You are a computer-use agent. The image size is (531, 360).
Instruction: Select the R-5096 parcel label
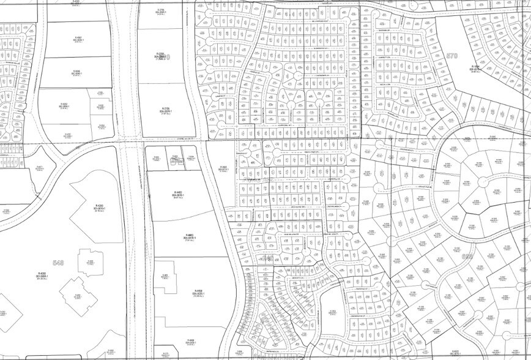[76, 72]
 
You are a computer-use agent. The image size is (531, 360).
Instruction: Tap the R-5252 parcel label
[64, 106]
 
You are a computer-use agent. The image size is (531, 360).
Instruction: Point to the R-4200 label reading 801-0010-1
[97, 208]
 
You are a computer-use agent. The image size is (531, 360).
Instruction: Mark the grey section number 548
[59, 263]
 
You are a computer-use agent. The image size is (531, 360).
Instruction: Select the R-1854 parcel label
[475, 68]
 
